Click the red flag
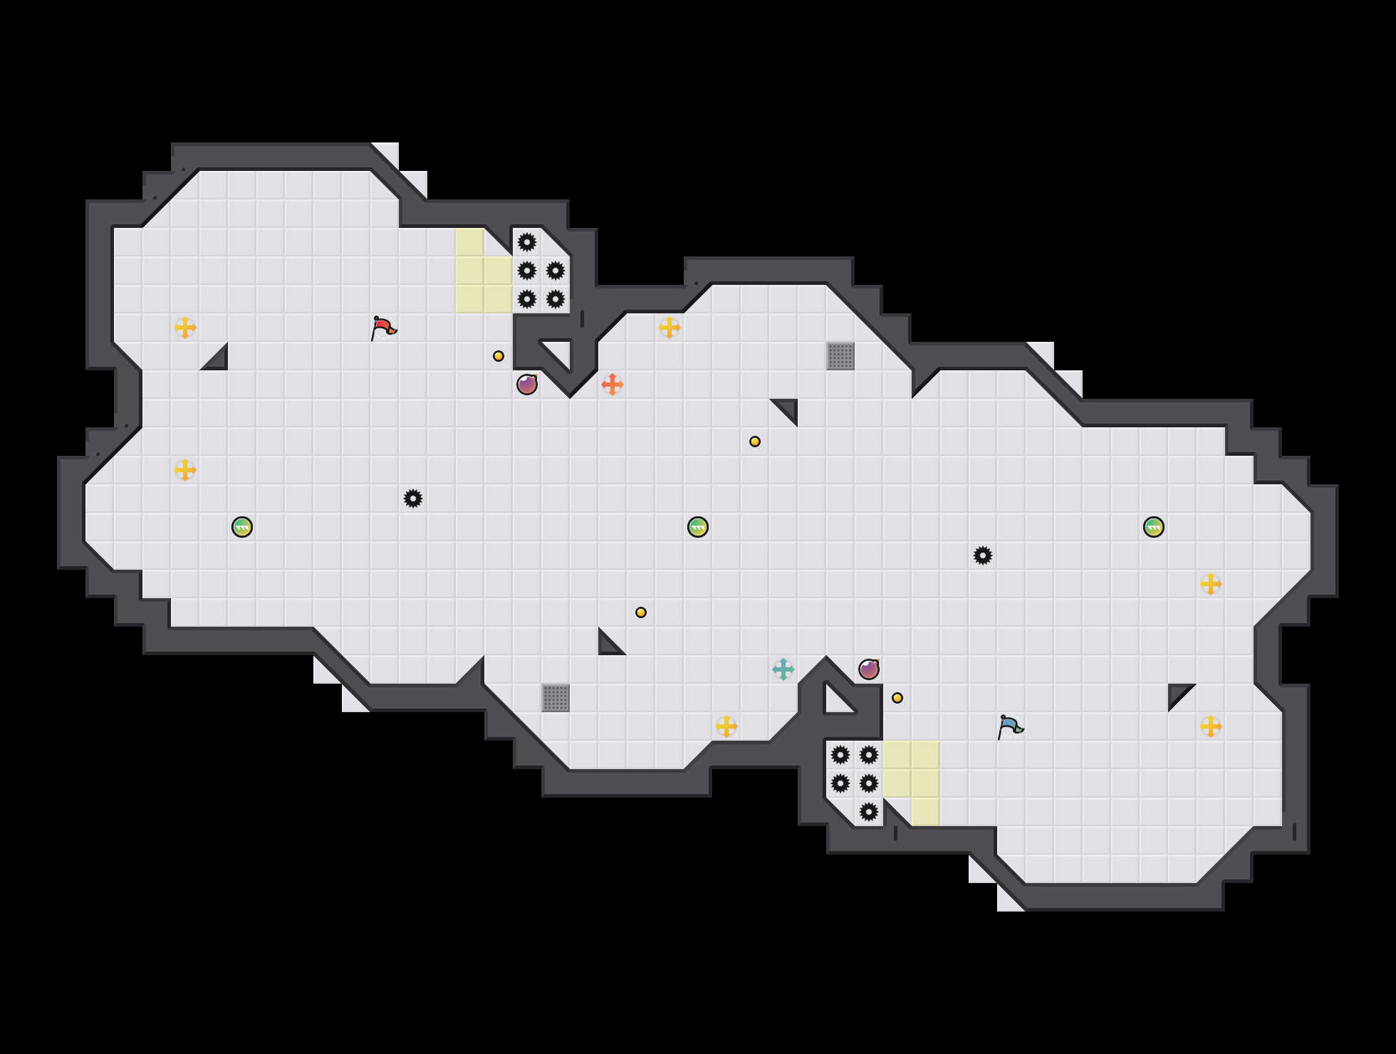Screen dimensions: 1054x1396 383,328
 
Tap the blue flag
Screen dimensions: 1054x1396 1010,726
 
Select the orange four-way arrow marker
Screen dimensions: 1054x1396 613,385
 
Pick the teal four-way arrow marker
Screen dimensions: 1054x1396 783,669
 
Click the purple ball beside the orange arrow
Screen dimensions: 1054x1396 527,385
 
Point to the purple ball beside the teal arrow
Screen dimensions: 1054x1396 869,669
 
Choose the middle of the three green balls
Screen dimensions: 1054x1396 698,527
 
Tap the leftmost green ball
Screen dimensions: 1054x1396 242,527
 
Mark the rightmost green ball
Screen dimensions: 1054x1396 1154,527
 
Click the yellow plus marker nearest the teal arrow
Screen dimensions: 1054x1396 726,726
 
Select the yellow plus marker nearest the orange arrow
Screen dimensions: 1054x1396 670,328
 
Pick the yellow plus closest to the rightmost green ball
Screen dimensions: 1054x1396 1211,584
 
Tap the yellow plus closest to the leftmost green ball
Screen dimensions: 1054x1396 185,470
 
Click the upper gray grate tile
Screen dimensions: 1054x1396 840,356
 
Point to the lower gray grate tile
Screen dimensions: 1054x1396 556,698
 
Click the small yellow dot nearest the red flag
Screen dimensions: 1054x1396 499,356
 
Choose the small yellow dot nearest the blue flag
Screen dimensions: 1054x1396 897,698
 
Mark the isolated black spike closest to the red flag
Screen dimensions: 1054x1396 413,499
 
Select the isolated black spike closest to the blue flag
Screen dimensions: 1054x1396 983,555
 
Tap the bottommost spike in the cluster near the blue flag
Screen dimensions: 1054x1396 869,812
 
